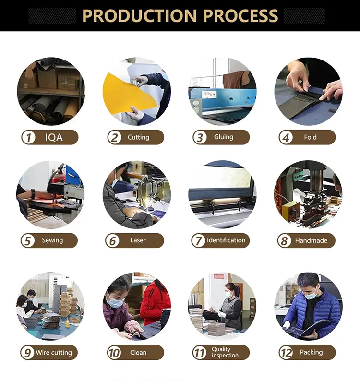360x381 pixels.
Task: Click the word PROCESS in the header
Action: [x=240, y=15]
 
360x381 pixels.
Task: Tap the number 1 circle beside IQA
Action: [x=29, y=137]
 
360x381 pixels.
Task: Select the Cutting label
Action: [x=138, y=137]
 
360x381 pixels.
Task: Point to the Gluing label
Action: [x=224, y=137]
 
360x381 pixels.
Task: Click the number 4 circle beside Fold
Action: [x=286, y=137]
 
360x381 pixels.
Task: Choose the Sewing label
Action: [x=52, y=240]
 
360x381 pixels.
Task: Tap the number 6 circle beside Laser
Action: [x=112, y=240]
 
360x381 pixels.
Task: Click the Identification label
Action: [x=226, y=240]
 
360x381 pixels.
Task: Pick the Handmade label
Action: [x=311, y=240]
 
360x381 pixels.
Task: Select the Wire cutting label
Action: [x=54, y=353]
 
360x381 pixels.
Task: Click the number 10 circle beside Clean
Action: [x=114, y=353]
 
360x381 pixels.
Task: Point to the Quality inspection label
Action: [x=225, y=352]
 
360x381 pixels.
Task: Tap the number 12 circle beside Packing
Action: [x=286, y=353]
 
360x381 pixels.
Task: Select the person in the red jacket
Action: [x=155, y=302]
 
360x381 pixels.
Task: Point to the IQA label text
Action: [x=54, y=138]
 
